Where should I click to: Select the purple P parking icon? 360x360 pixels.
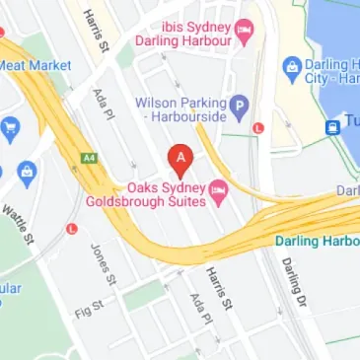pyautogui.click(x=238, y=104)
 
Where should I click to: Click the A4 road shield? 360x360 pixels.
pyautogui.click(x=90, y=156)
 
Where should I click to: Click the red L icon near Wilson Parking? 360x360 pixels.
pyautogui.click(x=258, y=127)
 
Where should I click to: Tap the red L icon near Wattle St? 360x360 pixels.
pyautogui.click(x=70, y=229)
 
